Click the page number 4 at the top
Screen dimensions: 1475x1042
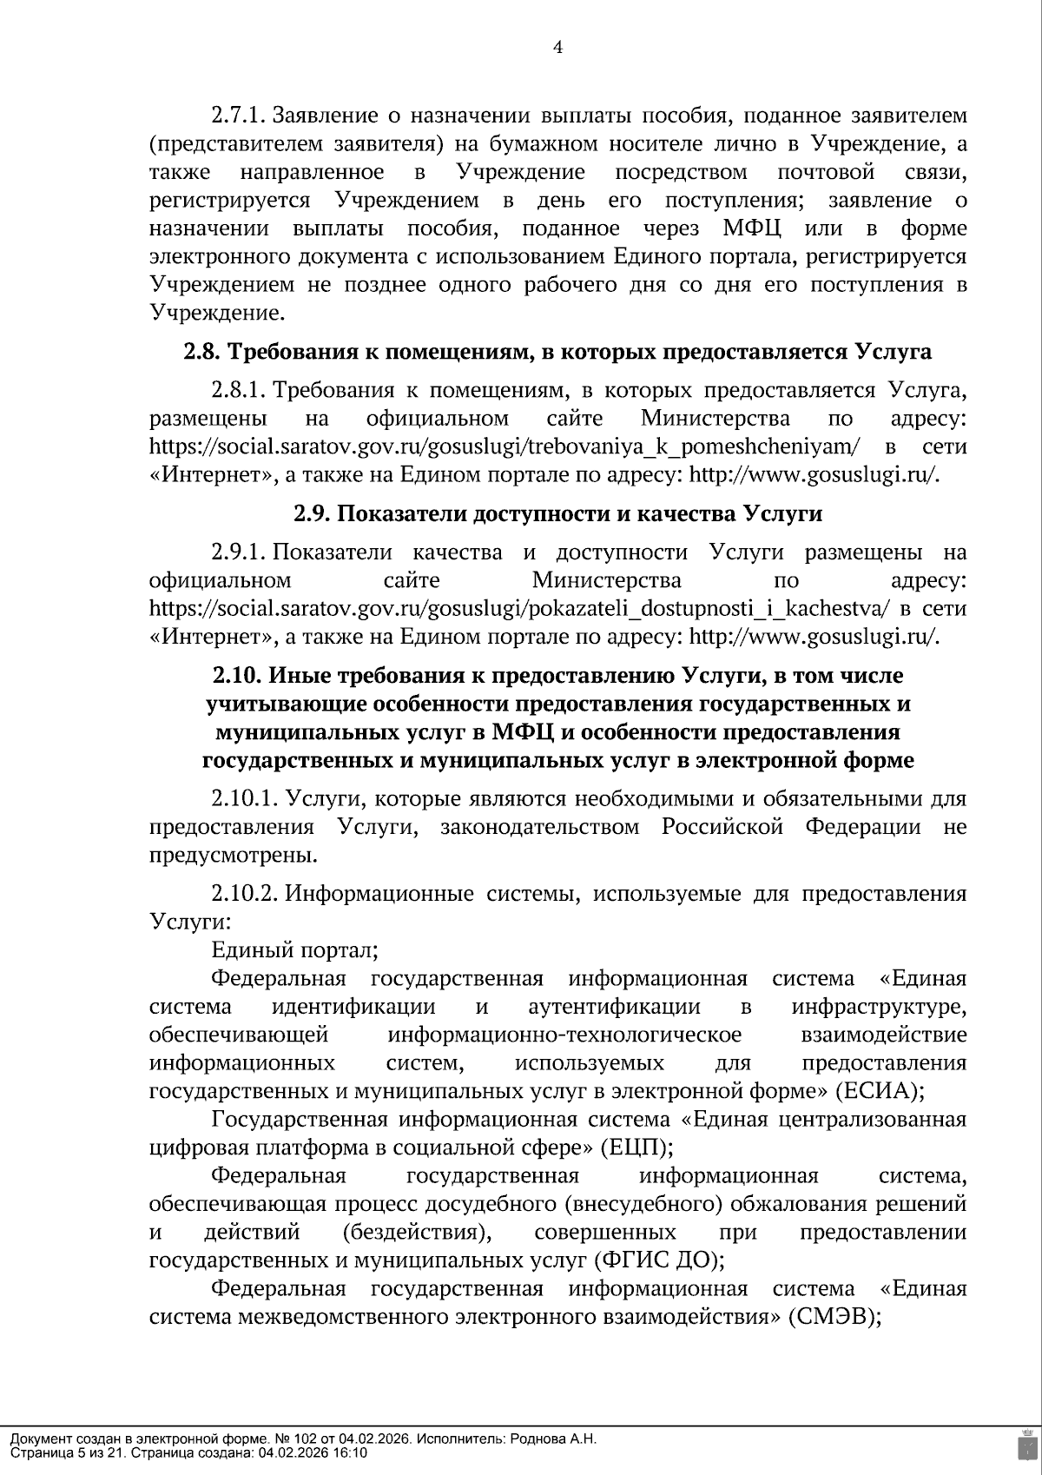[x=557, y=48]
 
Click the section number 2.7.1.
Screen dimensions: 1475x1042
[x=239, y=116]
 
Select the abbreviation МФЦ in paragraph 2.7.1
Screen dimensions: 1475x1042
[x=753, y=228]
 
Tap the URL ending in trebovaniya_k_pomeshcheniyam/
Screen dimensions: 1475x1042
[x=505, y=447]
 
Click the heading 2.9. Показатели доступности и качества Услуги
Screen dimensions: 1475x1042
[x=557, y=513]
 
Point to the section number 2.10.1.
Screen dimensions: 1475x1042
[x=246, y=798]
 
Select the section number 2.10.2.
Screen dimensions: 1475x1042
[x=246, y=894]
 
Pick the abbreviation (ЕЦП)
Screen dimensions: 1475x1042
[x=636, y=1148]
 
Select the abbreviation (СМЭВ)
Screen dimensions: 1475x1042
[x=834, y=1317]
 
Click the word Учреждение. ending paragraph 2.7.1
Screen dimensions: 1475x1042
[x=216, y=313]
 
